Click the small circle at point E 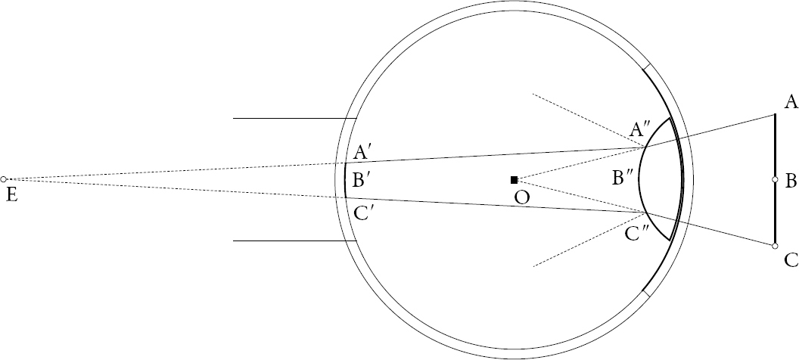[x=4, y=179]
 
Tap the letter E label [x=11, y=195]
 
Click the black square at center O [x=515, y=180]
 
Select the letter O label [x=522, y=197]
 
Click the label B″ [x=623, y=178]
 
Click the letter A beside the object [x=791, y=102]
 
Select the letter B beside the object [x=791, y=181]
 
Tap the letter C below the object [x=791, y=260]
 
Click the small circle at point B [x=775, y=179]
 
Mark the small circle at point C [x=775, y=246]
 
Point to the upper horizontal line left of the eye [x=294, y=118]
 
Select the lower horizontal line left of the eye [x=294, y=241]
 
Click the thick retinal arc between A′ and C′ [x=345, y=180]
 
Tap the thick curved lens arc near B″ [x=639, y=178]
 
